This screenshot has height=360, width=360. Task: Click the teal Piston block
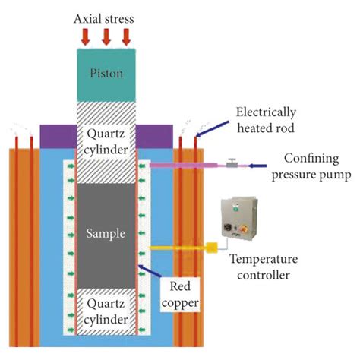coord(106,74)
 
